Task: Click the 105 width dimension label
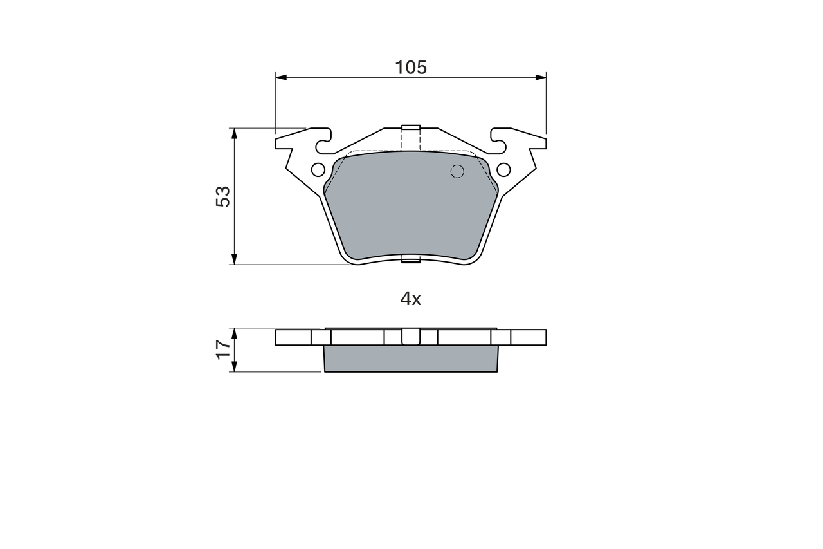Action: (411, 68)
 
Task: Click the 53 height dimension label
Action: (223, 196)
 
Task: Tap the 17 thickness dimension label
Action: (223, 349)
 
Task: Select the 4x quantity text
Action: (410, 299)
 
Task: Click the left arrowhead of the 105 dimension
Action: (281, 77)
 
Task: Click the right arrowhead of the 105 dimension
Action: (541, 77)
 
